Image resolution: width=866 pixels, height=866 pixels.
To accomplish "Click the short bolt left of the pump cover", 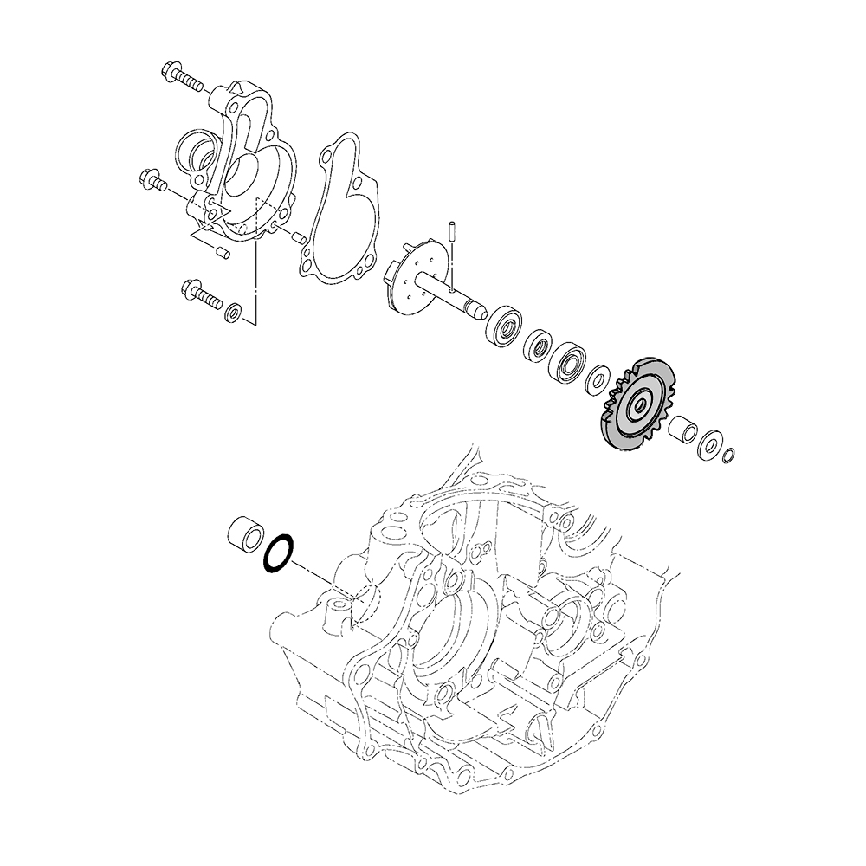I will click(153, 181).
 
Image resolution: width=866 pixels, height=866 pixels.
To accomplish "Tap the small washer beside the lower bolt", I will click(233, 311).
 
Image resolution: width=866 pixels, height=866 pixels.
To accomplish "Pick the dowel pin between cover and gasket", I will click(296, 236).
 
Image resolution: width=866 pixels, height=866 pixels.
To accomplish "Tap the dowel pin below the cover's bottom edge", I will click(220, 252).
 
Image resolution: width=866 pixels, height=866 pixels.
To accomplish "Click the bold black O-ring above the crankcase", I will click(278, 554).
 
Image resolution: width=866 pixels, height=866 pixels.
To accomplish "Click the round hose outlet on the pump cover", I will click(196, 154).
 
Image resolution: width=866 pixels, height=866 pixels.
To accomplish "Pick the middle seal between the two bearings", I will click(538, 346).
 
